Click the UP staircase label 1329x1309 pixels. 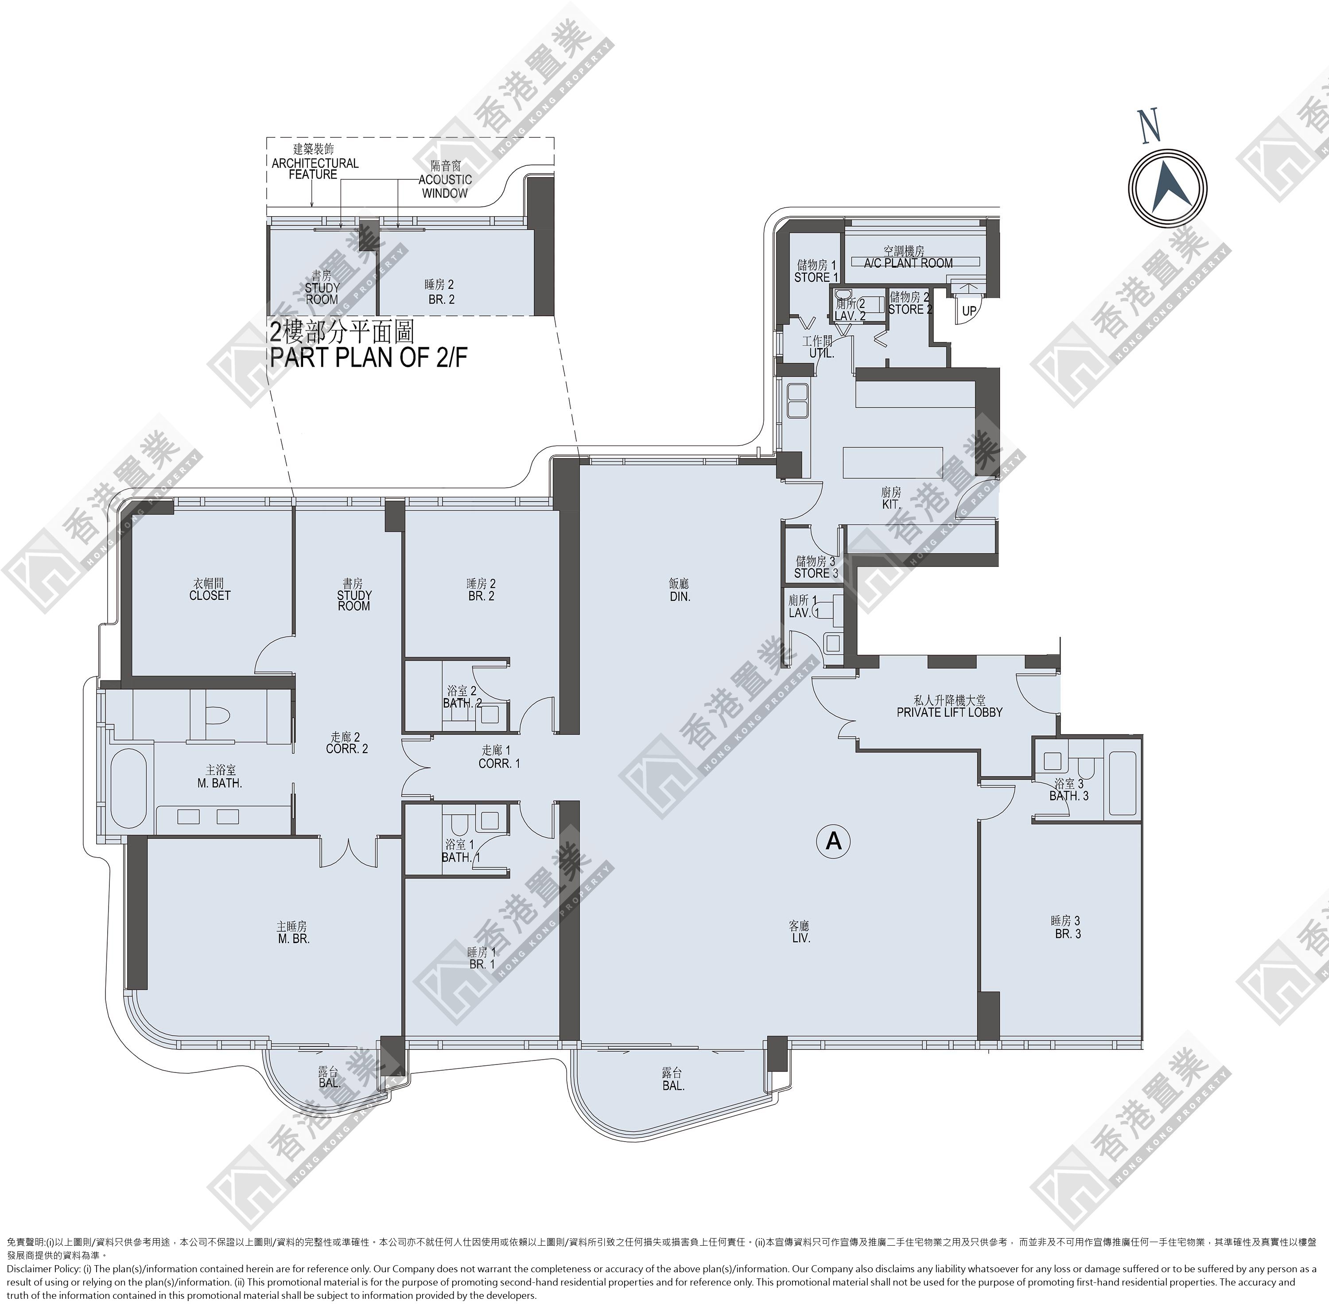pos(969,311)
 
